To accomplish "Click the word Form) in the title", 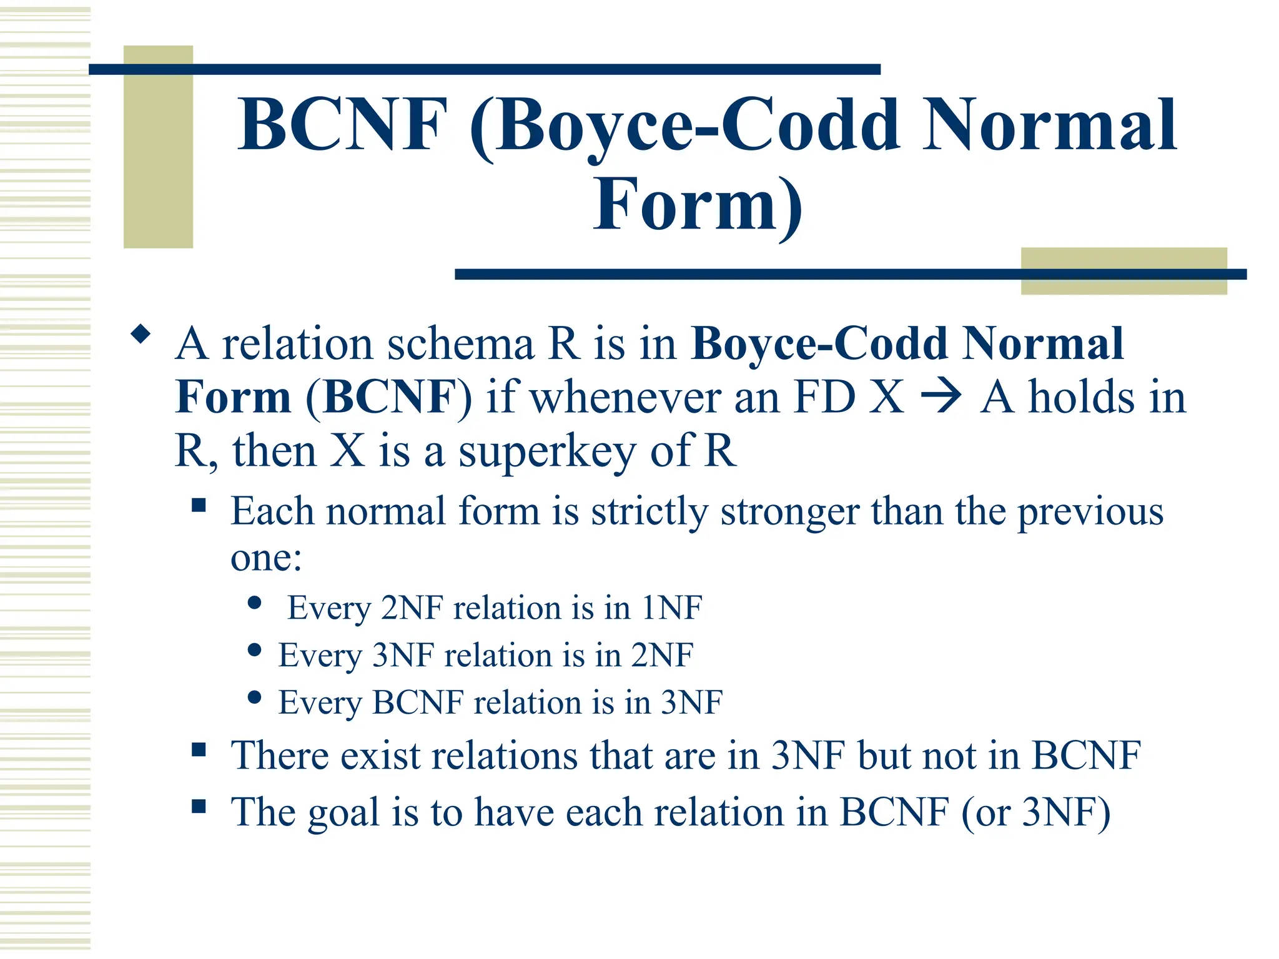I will tap(698, 205).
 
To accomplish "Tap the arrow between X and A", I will tap(941, 398).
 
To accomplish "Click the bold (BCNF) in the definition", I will tap(388, 398).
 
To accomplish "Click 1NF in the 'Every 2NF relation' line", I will tap(672, 607).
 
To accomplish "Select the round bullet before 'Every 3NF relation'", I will tap(254, 650).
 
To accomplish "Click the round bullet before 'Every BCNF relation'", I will tap(254, 697).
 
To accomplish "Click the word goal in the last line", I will tap(343, 813).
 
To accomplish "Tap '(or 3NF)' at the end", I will tap(1035, 813).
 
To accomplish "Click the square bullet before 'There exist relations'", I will tap(199, 749).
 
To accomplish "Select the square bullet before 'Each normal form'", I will tap(199, 505).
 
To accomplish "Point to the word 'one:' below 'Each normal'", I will tap(266, 558).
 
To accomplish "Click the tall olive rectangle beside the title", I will tap(158, 147).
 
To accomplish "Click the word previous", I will tap(1090, 512).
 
